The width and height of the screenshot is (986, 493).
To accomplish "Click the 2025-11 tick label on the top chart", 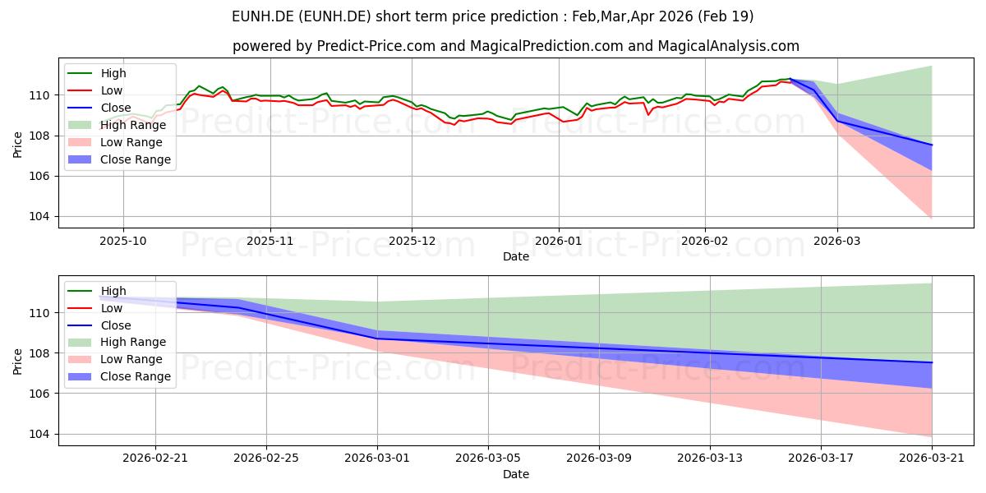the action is (270, 241).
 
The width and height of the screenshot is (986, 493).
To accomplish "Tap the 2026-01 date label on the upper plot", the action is (559, 241).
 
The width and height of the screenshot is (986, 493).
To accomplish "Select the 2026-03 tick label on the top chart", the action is (836, 241).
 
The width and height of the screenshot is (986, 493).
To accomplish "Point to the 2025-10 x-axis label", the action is (122, 241).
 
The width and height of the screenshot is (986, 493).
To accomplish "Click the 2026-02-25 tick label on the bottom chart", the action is (266, 458).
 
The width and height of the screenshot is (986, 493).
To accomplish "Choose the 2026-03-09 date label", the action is (599, 458).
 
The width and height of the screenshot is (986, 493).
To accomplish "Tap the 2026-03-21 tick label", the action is (932, 458).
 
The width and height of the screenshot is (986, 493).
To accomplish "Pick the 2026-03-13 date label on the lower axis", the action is (710, 458).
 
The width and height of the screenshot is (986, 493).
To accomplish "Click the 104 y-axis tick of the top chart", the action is (39, 217).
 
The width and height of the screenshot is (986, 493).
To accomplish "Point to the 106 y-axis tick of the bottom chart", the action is (39, 394).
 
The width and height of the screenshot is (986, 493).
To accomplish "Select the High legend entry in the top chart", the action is (97, 73).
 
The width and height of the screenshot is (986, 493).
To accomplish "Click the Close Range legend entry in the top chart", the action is (119, 159).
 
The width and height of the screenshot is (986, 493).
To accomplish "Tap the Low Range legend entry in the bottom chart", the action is (115, 359).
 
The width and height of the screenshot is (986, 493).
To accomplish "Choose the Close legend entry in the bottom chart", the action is (99, 325).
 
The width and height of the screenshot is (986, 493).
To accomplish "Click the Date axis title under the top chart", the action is (516, 256).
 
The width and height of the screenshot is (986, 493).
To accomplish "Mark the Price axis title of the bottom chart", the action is (17, 362).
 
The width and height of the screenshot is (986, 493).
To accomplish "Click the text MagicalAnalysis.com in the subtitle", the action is (729, 46).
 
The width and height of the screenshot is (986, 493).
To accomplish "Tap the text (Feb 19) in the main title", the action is (726, 16).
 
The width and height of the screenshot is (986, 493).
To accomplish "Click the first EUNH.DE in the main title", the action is (263, 16).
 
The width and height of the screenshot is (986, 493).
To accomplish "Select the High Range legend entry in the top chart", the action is (117, 125).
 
